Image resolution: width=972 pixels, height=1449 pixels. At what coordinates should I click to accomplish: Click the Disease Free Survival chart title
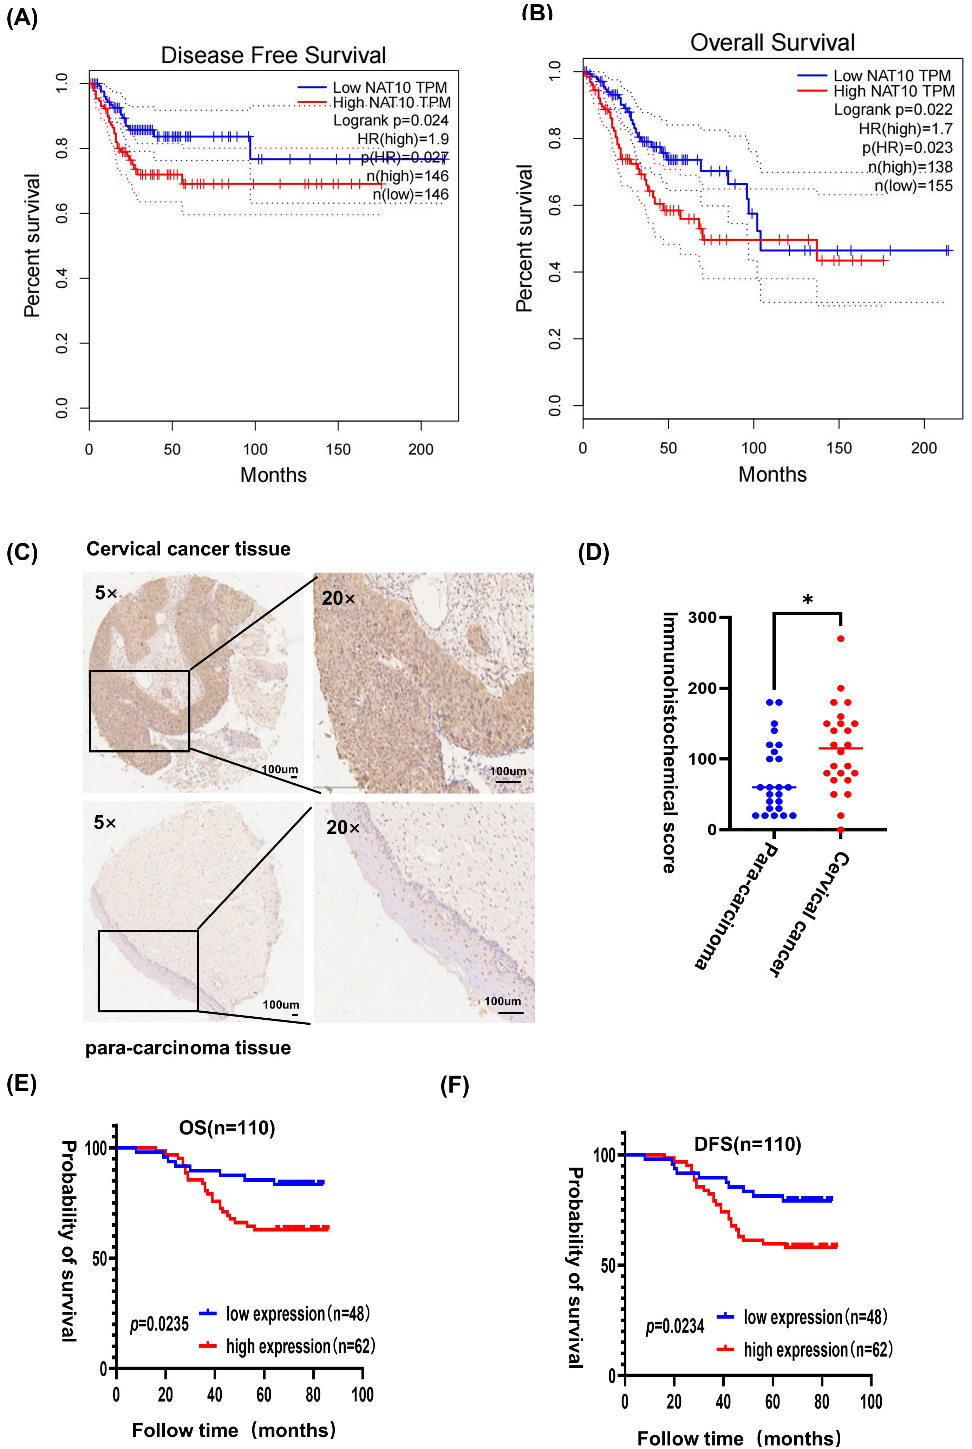click(x=273, y=55)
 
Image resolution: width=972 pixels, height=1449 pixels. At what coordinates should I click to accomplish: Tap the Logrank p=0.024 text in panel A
click(x=391, y=120)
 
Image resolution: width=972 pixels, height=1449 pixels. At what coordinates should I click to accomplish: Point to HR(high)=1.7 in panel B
click(x=905, y=129)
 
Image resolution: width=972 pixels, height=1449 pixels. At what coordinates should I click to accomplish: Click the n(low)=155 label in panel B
click(x=913, y=185)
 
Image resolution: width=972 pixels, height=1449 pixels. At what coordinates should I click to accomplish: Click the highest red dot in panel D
click(x=841, y=638)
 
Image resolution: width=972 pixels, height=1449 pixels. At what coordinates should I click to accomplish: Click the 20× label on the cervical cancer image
click(x=339, y=598)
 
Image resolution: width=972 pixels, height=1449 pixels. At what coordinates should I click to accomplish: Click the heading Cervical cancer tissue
click(x=188, y=549)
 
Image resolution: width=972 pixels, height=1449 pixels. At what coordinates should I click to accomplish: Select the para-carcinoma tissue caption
click(x=188, y=1047)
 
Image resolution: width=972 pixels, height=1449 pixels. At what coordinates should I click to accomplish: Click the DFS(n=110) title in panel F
click(x=747, y=1144)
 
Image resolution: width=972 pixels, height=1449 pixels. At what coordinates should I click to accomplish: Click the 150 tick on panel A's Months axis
click(x=338, y=449)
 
